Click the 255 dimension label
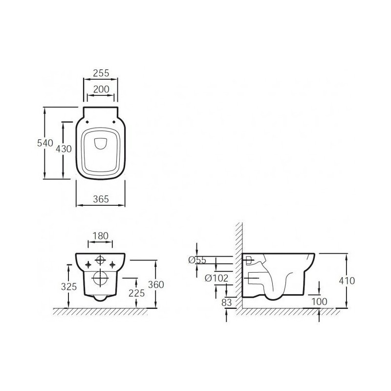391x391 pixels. coord(101,73)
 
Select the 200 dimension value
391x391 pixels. coord(101,89)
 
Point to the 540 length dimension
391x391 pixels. coord(45,143)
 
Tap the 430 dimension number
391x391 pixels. coord(64,149)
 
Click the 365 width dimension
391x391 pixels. coord(101,199)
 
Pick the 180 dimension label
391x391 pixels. coord(101,236)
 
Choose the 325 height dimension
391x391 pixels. coord(69,286)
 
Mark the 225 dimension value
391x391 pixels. coord(137,293)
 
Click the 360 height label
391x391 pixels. coord(156,284)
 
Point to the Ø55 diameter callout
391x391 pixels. coord(197,260)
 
